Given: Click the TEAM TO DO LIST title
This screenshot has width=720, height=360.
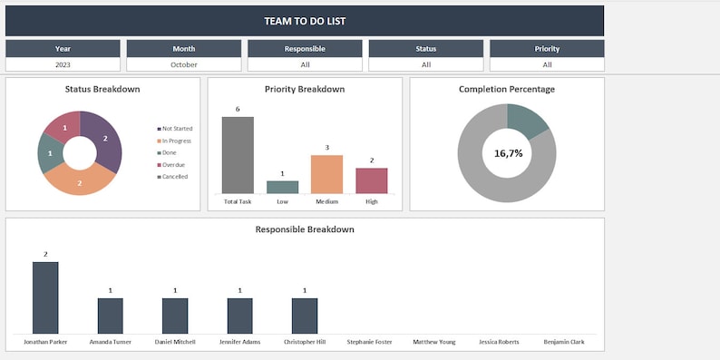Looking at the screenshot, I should coord(305,21).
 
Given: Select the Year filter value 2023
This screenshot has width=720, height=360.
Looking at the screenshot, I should coord(63,64).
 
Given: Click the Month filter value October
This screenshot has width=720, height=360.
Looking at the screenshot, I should coord(184,64).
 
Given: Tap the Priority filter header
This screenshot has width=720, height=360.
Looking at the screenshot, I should coord(547,49).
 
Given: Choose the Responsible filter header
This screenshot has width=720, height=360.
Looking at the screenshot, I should coord(305,49).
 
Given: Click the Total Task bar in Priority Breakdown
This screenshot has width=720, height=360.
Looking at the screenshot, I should coord(238,155).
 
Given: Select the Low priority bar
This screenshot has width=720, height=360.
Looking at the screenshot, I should coord(282,187).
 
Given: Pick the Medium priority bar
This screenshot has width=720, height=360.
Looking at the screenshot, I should coord(326,174).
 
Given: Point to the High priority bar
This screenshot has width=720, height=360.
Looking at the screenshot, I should coord(371,180).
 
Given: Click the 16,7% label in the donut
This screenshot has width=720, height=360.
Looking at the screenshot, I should coord(508,153).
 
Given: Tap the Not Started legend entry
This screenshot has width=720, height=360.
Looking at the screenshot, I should coord(175,129).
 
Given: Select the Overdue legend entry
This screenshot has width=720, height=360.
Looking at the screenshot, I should coord(173,165).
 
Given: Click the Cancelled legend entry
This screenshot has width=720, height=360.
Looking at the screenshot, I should coord(173,177).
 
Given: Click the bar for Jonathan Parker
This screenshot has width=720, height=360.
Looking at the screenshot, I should coord(45,297).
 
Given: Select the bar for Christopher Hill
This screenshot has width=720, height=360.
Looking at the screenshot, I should coord(305,316).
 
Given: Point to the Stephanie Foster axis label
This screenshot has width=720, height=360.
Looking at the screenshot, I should coord(369,343).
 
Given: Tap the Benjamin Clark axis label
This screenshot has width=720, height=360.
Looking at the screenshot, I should coord(563,343).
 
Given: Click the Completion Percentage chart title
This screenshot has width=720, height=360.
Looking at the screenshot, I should coord(507,89).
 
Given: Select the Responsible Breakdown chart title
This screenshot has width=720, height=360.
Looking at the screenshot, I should coord(305,229).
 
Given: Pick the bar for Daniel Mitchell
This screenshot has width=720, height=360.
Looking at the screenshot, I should coord(175,316).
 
